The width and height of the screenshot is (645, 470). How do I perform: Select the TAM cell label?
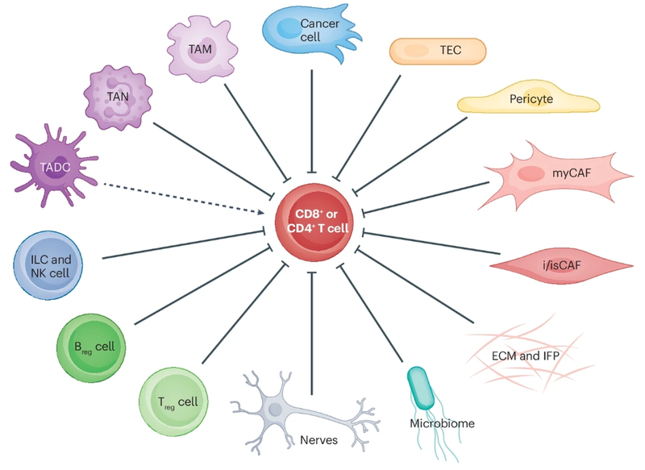click(200, 49)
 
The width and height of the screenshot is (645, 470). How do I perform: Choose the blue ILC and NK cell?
click(50, 265)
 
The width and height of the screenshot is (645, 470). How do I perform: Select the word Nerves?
click(317, 439)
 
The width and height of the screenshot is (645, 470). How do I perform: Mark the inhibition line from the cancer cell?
click(311, 121)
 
